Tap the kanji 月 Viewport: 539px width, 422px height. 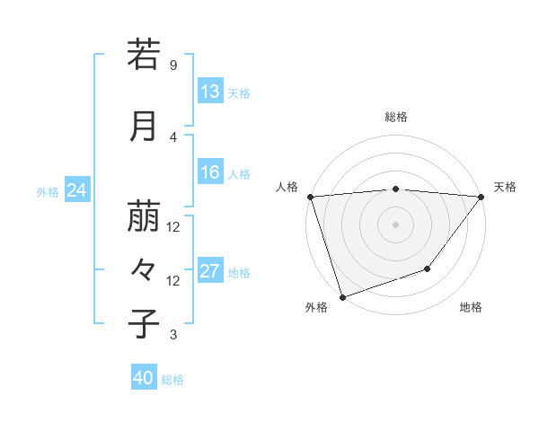(144, 126)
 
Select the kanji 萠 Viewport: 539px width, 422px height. (144, 215)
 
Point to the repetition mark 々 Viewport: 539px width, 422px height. (144, 268)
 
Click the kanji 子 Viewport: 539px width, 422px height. (144, 323)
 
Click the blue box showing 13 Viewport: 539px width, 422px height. (209, 92)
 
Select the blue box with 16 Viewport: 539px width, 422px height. (209, 172)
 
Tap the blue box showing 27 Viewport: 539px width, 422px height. (209, 271)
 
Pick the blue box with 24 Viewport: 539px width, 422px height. (77, 190)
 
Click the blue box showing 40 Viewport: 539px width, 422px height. (144, 378)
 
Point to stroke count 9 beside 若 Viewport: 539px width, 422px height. (172, 66)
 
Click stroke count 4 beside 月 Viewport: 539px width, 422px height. (172, 136)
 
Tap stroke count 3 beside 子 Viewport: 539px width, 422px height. (172, 335)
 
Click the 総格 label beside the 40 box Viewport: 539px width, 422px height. (172, 380)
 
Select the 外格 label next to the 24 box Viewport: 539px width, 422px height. (48, 192)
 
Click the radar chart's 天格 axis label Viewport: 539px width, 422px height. (506, 187)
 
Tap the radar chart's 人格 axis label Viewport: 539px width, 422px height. (287, 187)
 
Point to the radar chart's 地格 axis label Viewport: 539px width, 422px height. (471, 307)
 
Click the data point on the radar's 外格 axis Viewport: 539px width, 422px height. (342, 296)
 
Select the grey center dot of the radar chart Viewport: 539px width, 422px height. (395, 224)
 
